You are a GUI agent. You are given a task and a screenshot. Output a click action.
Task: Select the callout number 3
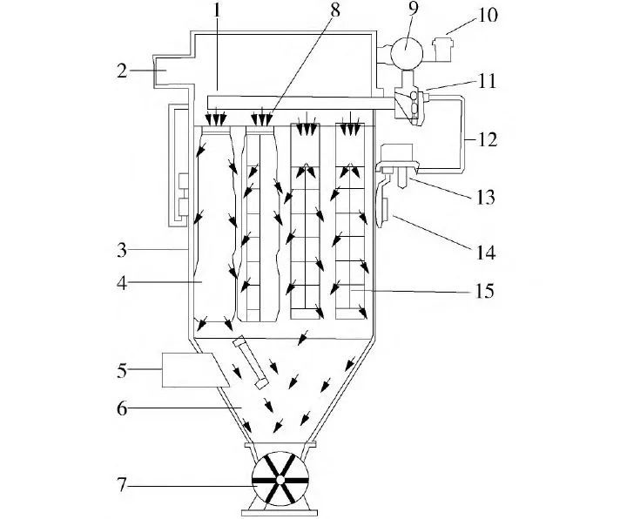coord(124,250)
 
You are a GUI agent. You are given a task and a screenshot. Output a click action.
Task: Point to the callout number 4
coord(124,282)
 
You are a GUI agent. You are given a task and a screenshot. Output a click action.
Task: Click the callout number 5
coord(124,370)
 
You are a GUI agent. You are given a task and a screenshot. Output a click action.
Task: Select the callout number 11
coord(486,83)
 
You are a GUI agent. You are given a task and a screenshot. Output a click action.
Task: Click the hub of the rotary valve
coord(280,480)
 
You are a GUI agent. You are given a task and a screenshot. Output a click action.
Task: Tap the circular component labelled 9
coord(403,51)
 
